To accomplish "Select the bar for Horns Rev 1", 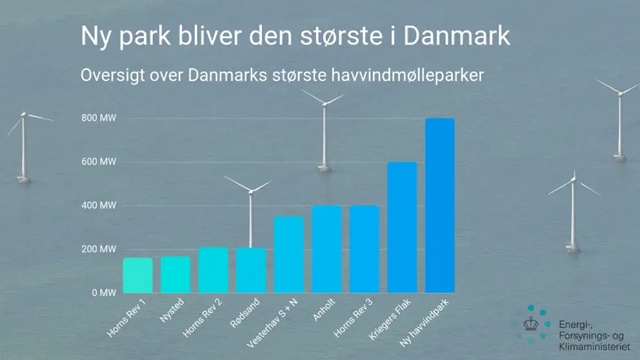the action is point(137,275).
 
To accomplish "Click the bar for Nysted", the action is point(175,275).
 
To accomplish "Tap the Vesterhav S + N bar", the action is point(288,255).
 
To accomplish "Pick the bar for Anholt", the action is point(326,249).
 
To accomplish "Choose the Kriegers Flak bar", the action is point(402,227).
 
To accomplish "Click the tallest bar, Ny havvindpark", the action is point(439,206).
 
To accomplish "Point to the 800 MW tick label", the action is point(99,118).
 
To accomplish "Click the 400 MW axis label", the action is point(99,205).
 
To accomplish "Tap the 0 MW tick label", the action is point(104,293).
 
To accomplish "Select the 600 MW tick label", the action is point(99,162).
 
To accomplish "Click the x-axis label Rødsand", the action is point(245,313).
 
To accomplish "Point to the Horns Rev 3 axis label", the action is point(353,318).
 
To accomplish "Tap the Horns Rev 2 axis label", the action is point(202,318).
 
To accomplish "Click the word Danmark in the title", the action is point(457,36).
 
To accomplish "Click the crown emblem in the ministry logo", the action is point(530,324).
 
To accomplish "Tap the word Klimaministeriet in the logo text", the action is point(594,347).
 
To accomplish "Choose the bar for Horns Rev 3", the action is point(364,249).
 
